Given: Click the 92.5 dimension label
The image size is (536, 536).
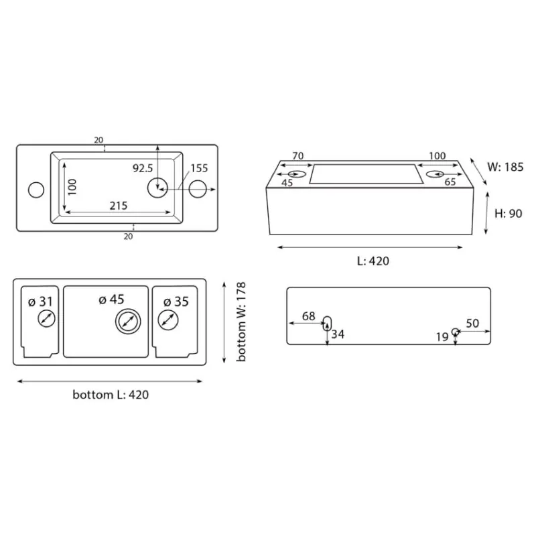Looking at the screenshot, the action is [x=143, y=168].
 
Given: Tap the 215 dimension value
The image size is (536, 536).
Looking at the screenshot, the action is [x=119, y=206].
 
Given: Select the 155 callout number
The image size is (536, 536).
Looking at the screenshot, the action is [x=199, y=168].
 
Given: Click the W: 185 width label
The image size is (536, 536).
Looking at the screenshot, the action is [x=505, y=167].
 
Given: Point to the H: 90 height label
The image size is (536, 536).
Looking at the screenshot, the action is [x=509, y=214].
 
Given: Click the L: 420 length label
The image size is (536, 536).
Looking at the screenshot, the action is [x=373, y=261].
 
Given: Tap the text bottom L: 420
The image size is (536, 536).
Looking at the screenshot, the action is [x=111, y=395].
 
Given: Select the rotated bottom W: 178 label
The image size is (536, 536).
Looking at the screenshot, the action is [x=241, y=322].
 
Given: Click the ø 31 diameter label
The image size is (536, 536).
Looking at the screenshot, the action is [x=41, y=302].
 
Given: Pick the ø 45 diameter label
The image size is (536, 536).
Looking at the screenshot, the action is [x=111, y=299].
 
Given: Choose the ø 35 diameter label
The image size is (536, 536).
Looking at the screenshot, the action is [x=176, y=302].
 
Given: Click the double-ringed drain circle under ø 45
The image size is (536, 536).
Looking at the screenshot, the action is [x=128, y=322].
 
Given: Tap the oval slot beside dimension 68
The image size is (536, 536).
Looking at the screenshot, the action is [x=327, y=324].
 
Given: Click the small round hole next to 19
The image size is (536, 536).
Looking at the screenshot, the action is [x=455, y=332].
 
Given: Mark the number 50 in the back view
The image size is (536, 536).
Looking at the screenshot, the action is [x=472, y=324].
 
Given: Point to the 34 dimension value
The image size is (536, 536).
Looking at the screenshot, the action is [x=338, y=334].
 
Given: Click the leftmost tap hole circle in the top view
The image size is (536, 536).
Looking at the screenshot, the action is [x=36, y=190].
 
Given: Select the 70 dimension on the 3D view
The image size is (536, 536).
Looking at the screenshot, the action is [x=297, y=156].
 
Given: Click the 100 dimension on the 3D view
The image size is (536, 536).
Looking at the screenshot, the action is [x=438, y=156].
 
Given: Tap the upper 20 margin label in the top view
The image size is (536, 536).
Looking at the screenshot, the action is [x=98, y=140].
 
